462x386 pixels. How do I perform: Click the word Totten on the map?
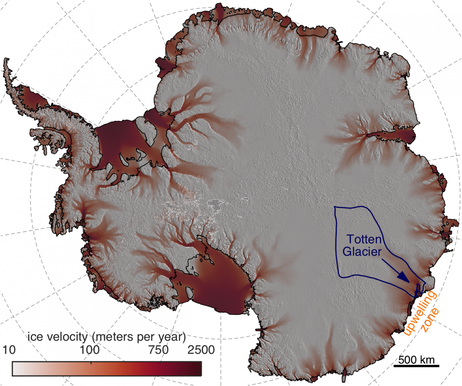pos(364,239)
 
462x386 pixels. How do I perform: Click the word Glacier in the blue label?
pos(362,251)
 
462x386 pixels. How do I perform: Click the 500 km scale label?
pos(416,360)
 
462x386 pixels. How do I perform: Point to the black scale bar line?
pos(416,366)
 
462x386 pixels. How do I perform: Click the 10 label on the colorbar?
pos(9,350)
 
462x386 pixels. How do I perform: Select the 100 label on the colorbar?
pos(89,350)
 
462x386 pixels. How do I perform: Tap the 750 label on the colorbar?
pos(158,350)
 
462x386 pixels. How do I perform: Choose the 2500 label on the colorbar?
pos(201,350)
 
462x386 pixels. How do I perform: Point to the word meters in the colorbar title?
pos(112,337)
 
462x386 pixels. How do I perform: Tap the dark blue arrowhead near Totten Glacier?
pos(403,277)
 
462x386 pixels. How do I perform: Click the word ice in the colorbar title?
pos(35,337)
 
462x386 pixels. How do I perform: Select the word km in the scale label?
pos(427,360)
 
